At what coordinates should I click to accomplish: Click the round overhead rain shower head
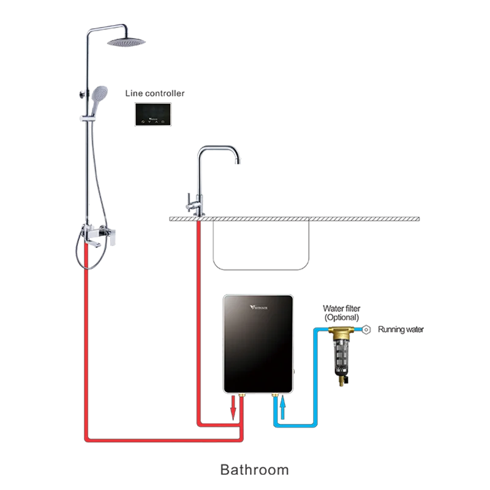pyautogui.click(x=127, y=43)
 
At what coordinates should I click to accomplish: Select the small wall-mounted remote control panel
pyautogui.click(x=153, y=114)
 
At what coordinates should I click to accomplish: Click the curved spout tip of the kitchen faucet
pyautogui.click(x=239, y=160)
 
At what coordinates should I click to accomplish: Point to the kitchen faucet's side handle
pyautogui.click(x=190, y=198)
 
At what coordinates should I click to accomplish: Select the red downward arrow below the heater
pyautogui.click(x=233, y=409)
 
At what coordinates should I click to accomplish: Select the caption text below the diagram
pyautogui.click(x=254, y=470)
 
